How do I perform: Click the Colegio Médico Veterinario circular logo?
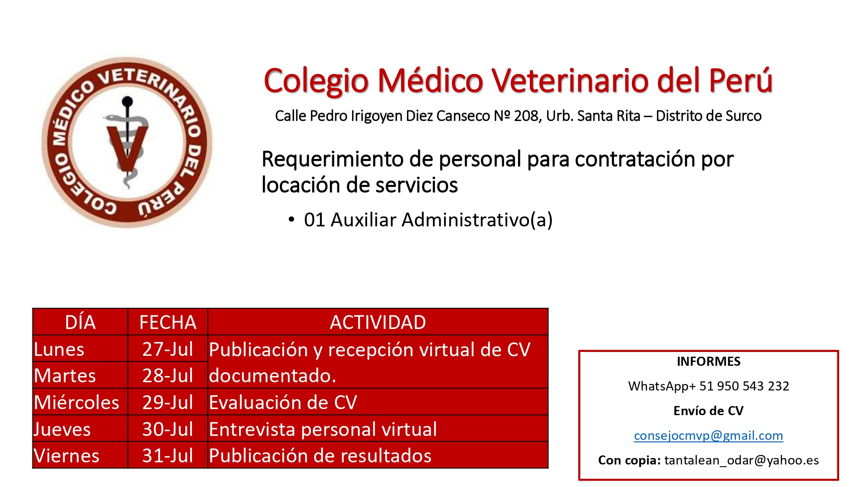click(x=127, y=142)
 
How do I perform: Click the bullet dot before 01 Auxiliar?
click(x=292, y=220)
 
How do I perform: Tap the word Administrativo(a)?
click(x=477, y=220)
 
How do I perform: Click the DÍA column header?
click(x=80, y=322)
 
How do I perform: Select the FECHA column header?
click(x=168, y=322)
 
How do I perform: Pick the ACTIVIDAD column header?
click(x=378, y=322)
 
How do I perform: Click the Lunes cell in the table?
click(x=80, y=349)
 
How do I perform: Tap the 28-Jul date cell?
click(x=168, y=375)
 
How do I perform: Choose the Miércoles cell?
click(x=80, y=402)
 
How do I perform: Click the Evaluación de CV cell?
click(x=378, y=402)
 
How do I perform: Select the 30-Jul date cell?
click(x=168, y=429)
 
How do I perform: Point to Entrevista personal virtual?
click(x=323, y=429)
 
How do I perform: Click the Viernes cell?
click(x=80, y=455)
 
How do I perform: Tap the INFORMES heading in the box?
click(x=708, y=361)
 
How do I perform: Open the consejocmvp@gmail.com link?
click(x=708, y=435)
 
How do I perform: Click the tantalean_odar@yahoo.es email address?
click(x=742, y=460)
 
